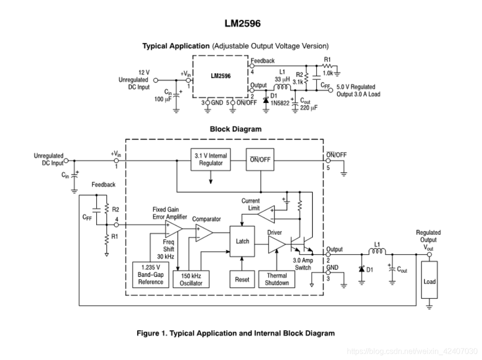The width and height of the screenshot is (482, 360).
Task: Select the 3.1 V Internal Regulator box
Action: (211, 160)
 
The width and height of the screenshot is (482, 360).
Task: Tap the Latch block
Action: (242, 241)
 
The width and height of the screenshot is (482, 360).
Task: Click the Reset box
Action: (242, 279)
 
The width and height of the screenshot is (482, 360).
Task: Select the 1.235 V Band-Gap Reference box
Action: (151, 275)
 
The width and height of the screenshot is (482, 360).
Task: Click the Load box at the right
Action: (429, 282)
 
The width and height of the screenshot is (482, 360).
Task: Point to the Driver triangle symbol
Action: (276, 244)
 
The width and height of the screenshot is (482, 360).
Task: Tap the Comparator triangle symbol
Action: (203, 233)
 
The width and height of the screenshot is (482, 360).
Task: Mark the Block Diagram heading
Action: (236, 129)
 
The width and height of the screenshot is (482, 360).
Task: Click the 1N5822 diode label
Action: (279, 103)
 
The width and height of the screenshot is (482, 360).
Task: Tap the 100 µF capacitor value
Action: (163, 99)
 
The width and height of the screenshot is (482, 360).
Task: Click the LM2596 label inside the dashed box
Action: (221, 76)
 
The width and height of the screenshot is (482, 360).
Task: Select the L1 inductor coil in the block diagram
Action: (378, 253)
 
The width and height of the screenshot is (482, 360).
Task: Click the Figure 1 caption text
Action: (236, 333)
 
